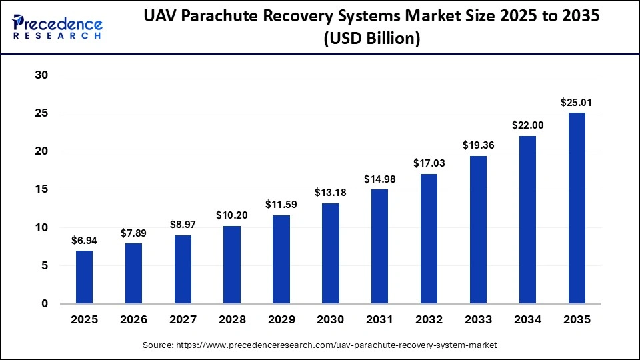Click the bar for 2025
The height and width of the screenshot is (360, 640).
point(85,277)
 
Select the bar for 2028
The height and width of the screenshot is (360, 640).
point(232,265)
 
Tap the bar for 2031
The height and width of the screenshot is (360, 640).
point(379,247)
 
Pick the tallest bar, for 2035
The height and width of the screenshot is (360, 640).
point(577,208)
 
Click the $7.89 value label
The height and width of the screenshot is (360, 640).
point(133,233)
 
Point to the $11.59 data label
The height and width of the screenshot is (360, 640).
point(281,205)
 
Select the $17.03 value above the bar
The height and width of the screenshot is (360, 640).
point(429,163)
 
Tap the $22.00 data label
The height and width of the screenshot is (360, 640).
point(527,125)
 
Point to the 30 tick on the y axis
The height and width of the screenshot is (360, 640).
point(41,75)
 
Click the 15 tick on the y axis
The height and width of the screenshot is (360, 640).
point(41,189)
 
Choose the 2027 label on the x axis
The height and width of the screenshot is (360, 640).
point(183,320)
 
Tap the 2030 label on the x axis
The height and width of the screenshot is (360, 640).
point(330,320)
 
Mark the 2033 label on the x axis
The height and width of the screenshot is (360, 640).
point(478,320)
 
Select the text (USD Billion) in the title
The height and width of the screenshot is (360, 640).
point(371,40)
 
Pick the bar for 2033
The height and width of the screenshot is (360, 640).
point(478,230)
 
